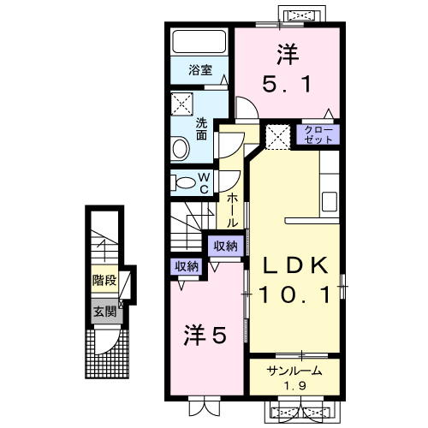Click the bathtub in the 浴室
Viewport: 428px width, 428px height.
point(199,42)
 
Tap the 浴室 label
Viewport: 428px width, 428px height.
point(200,70)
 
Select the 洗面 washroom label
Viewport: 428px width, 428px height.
point(201,129)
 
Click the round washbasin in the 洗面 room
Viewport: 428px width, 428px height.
point(180,148)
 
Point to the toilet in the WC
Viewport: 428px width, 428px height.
point(183,183)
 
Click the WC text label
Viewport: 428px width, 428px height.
point(204,183)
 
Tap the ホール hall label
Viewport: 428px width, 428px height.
point(233,210)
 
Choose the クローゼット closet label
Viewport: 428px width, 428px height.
point(318,134)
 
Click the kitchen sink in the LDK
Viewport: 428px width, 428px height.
point(330,201)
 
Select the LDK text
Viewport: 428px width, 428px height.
point(295,265)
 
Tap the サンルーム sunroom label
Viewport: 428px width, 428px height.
point(294,371)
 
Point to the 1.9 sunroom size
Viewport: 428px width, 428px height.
point(295,386)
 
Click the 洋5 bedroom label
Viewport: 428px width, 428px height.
point(205,335)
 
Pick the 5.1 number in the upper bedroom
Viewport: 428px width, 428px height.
point(287,84)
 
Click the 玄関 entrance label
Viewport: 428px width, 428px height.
point(105,311)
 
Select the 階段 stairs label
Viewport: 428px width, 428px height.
point(104,280)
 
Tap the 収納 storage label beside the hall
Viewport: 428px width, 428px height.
point(226,246)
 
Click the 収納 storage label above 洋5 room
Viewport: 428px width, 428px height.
point(187,266)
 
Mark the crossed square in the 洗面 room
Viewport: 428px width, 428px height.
point(182,104)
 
